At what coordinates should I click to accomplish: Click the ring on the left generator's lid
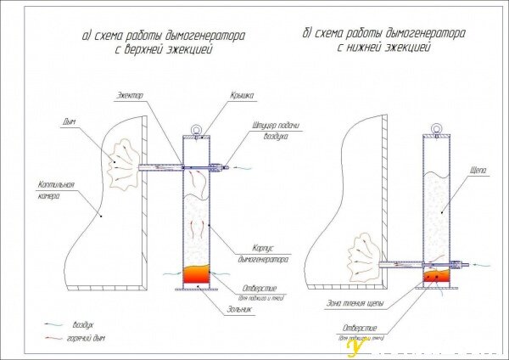[196, 130]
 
